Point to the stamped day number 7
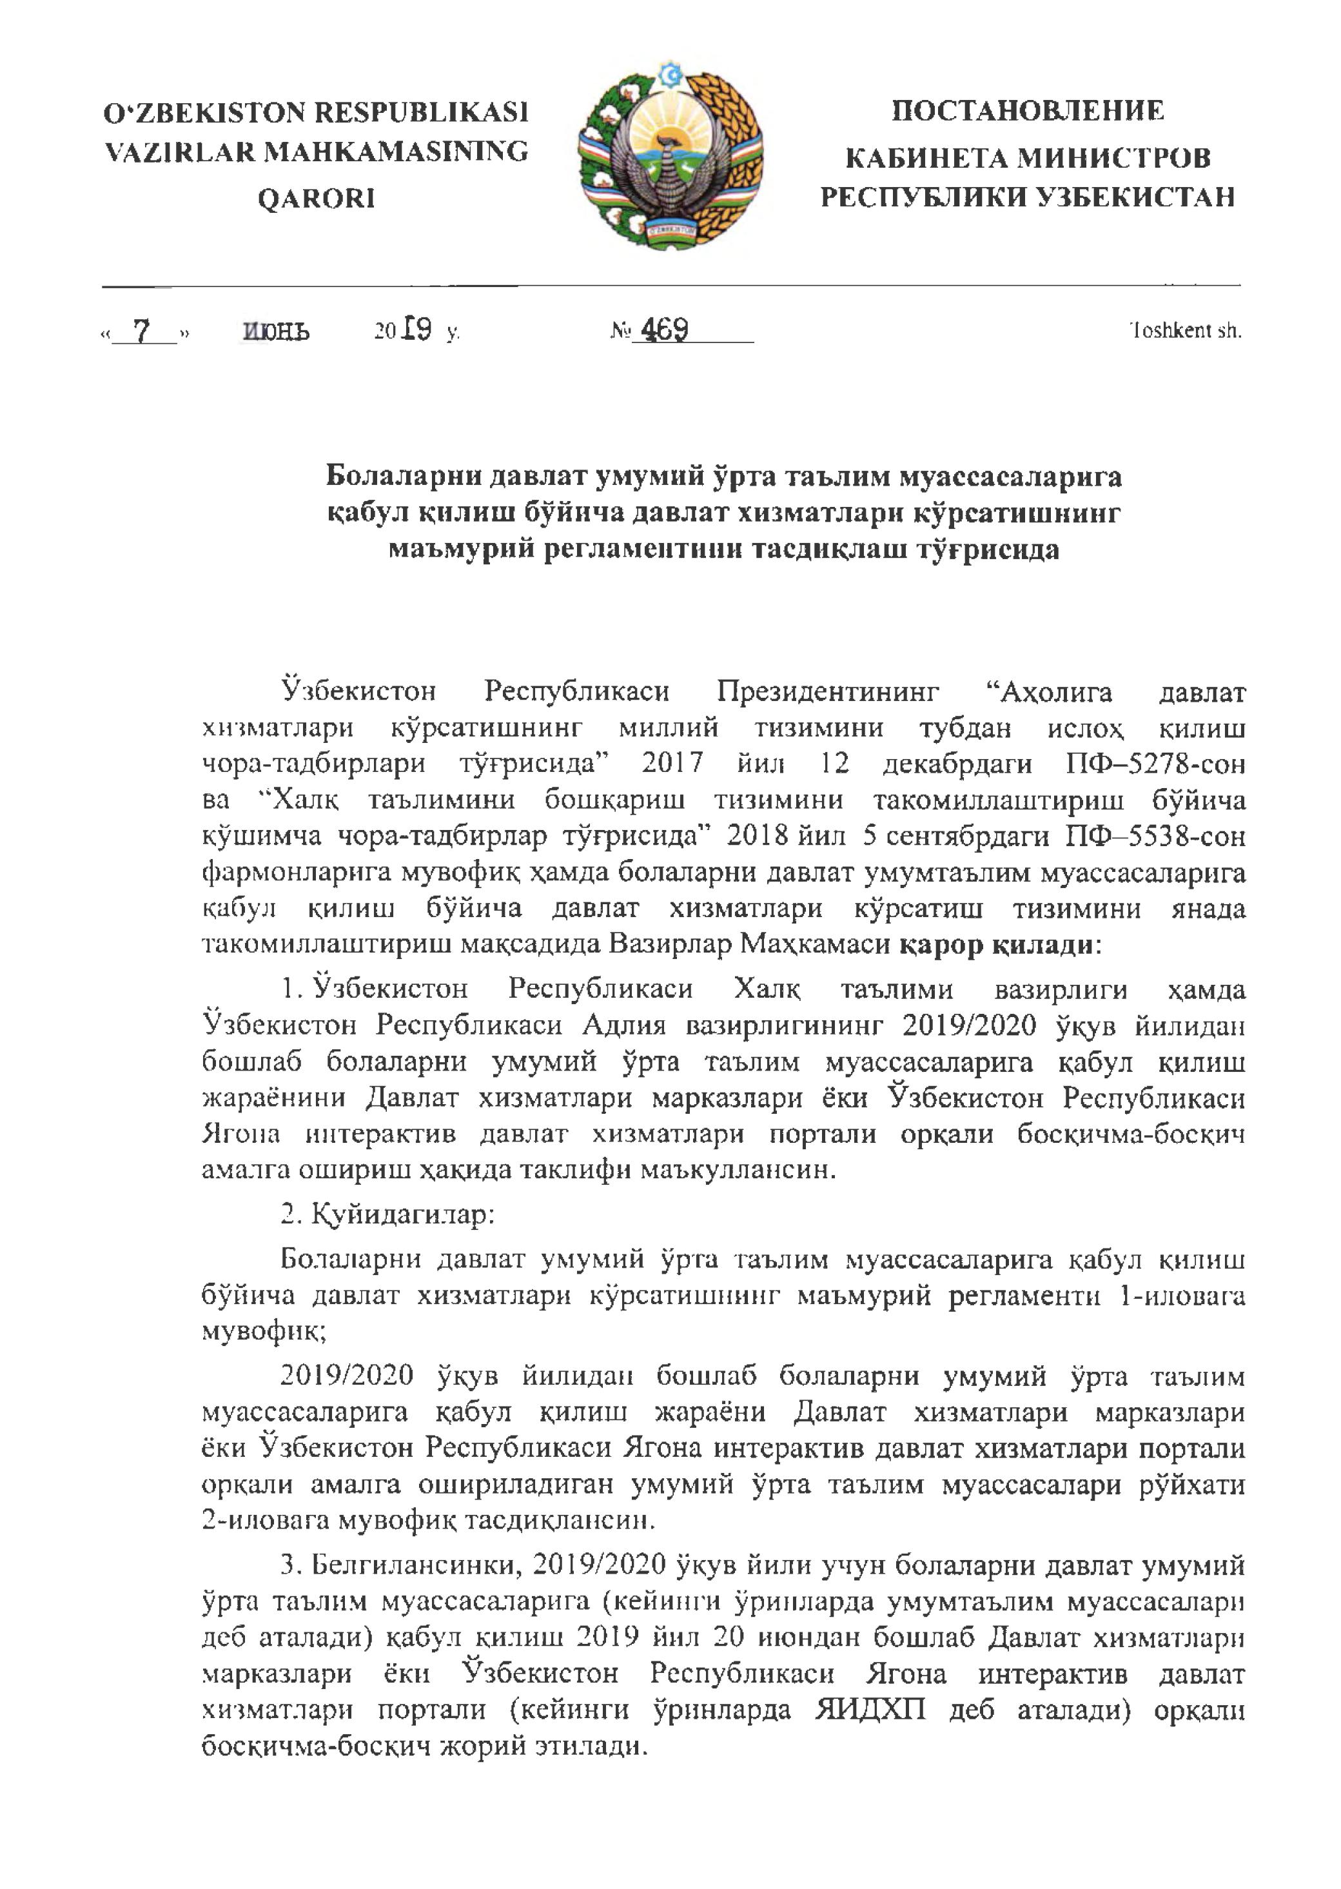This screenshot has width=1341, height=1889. (142, 331)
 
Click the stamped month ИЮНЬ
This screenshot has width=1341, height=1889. (277, 332)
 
